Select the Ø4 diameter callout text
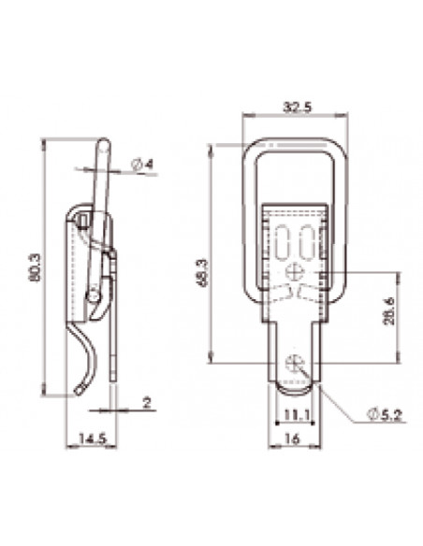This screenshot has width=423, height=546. click(143, 165)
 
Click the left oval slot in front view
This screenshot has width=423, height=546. click(284, 240)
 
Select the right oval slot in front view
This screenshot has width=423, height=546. click(306, 240)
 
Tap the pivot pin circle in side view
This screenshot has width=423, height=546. click(93, 296)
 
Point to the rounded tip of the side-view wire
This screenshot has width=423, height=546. click(105, 144)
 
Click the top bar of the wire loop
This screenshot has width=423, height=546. click(296, 142)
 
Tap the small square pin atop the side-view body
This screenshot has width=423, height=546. click(85, 220)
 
